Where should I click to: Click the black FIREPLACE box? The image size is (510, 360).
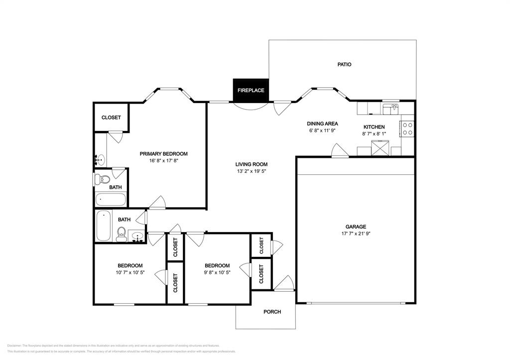pos(251,90)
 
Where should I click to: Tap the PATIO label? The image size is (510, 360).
pos(344,64)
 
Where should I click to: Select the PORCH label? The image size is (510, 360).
pos(272,312)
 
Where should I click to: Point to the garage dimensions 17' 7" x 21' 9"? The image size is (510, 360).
pos(356,234)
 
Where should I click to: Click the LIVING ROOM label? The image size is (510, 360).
pos(252,164)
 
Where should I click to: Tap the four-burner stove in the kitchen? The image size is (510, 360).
pos(407,129)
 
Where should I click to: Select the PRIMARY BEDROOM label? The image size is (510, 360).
pos(163,154)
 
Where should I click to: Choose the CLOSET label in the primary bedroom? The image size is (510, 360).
pos(111,118)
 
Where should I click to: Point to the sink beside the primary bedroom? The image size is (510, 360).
pos(101,160)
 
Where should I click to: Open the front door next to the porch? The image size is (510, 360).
pos(283,284)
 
